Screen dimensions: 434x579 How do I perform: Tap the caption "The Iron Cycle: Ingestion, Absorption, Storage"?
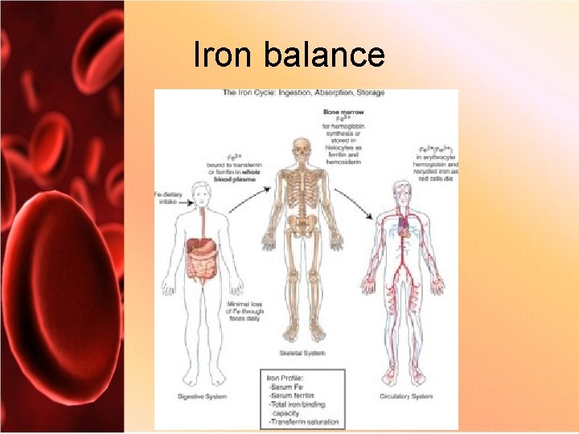303,93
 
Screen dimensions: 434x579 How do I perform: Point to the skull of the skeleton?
302,150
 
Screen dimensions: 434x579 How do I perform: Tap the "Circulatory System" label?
406,396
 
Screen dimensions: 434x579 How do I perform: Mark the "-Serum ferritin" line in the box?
299,396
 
